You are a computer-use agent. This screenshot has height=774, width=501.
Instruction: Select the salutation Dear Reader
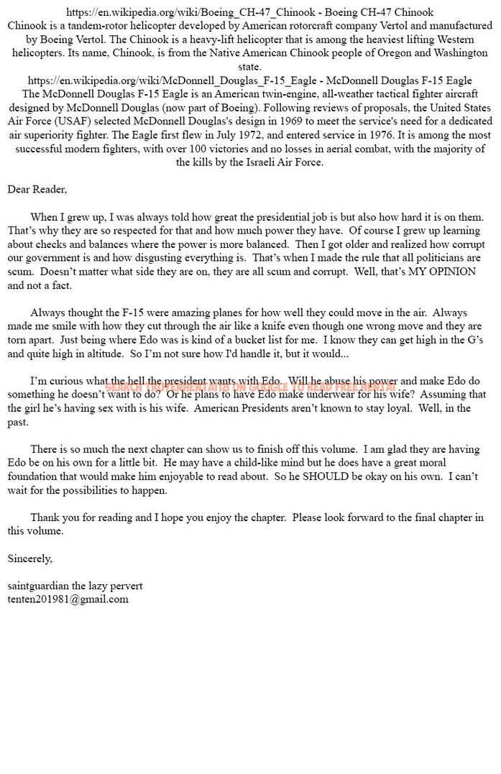pos(37,189)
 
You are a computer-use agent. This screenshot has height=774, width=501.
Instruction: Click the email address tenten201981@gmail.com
pos(68,599)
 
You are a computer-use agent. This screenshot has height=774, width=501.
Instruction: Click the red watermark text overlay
pos(250,386)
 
